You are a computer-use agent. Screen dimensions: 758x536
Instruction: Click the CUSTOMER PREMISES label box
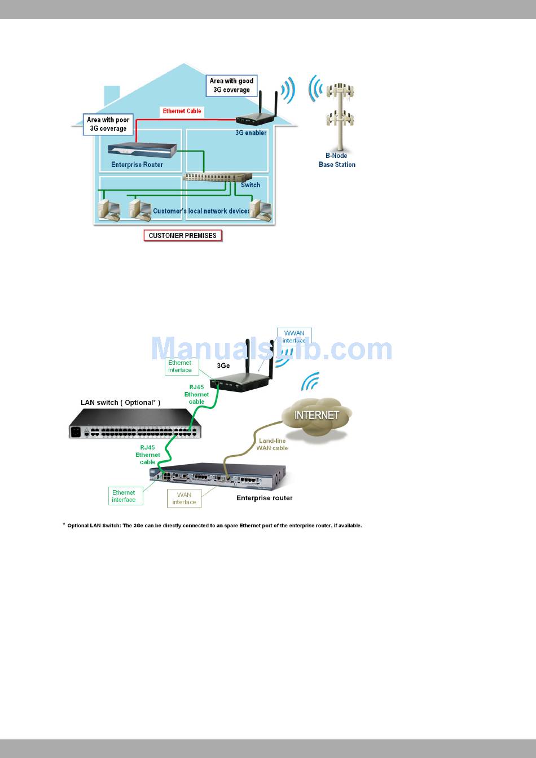(183, 236)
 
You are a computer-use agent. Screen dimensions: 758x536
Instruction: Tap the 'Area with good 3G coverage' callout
(231, 86)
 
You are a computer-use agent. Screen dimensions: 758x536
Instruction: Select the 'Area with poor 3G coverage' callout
(108, 124)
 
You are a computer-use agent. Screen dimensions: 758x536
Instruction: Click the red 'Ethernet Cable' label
(182, 111)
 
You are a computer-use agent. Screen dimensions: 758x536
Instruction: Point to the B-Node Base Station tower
(340, 118)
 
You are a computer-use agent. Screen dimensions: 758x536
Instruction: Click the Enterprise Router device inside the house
(142, 149)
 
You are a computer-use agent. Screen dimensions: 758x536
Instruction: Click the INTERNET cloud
(317, 416)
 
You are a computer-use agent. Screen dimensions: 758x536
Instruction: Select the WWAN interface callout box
(294, 337)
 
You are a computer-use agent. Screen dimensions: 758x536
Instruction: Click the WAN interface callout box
(184, 499)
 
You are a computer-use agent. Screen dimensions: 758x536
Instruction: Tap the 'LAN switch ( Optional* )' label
(120, 403)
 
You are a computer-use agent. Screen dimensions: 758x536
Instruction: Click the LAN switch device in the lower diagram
(135, 424)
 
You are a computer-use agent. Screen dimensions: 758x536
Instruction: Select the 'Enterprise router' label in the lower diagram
(264, 498)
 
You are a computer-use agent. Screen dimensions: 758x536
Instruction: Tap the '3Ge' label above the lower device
(223, 365)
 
